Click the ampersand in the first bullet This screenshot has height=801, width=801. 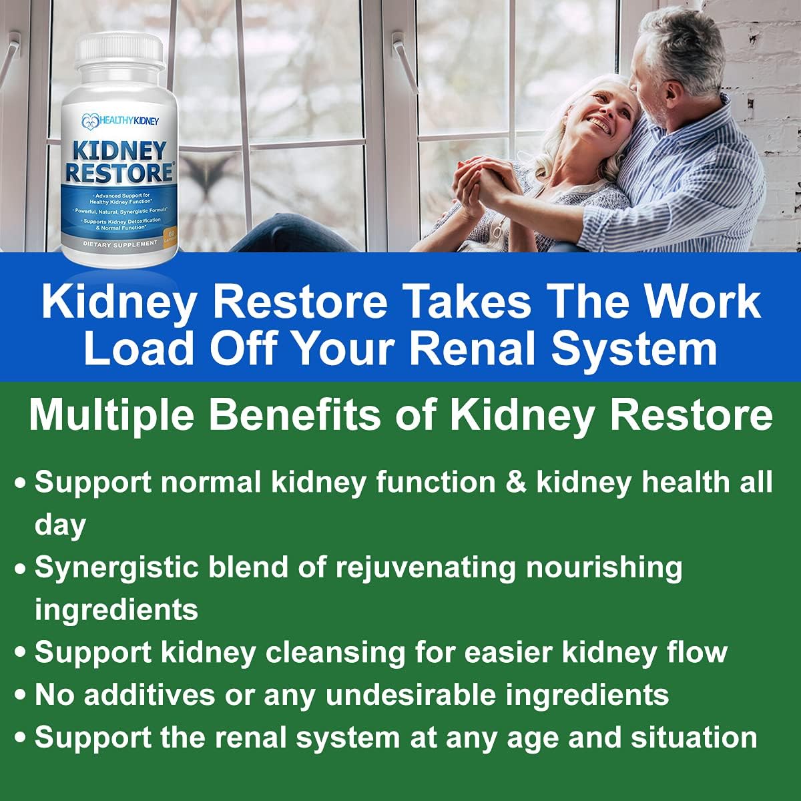point(517,483)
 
